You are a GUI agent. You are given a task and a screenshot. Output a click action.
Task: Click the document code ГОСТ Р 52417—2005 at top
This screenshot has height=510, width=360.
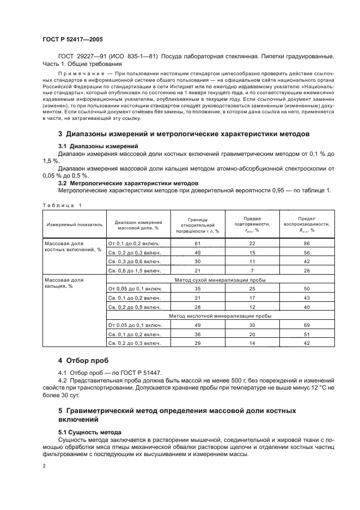(x=72, y=40)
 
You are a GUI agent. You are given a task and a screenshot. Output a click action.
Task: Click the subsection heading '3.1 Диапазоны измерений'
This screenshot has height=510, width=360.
(x=98, y=147)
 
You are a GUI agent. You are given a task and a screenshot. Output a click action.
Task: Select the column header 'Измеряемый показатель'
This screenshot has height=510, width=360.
(x=74, y=223)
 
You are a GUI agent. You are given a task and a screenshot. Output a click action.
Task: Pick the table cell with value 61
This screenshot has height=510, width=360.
(x=198, y=243)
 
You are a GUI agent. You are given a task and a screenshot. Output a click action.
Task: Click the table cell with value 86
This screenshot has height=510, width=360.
(x=307, y=243)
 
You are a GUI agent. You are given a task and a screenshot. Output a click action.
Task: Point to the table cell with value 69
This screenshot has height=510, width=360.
(x=307, y=325)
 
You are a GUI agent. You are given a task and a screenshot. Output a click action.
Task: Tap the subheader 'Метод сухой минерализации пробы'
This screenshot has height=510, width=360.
(x=220, y=279)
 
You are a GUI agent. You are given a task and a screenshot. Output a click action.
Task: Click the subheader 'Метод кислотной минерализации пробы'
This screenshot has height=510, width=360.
(x=220, y=315)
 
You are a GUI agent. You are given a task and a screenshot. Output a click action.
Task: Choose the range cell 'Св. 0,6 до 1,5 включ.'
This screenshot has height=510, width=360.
(x=135, y=270)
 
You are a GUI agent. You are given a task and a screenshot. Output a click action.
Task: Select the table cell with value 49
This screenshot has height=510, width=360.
(x=198, y=325)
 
